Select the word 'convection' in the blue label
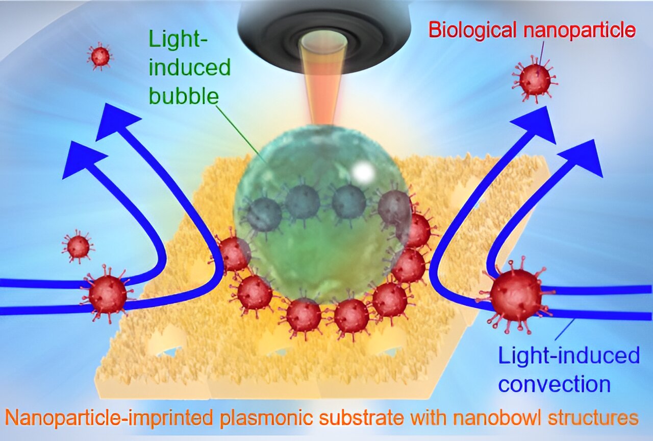coord(555,384)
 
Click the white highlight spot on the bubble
coord(362,173)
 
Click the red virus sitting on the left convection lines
coord(108,294)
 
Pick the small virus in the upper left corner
coord(99,56)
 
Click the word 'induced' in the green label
coord(190,67)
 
